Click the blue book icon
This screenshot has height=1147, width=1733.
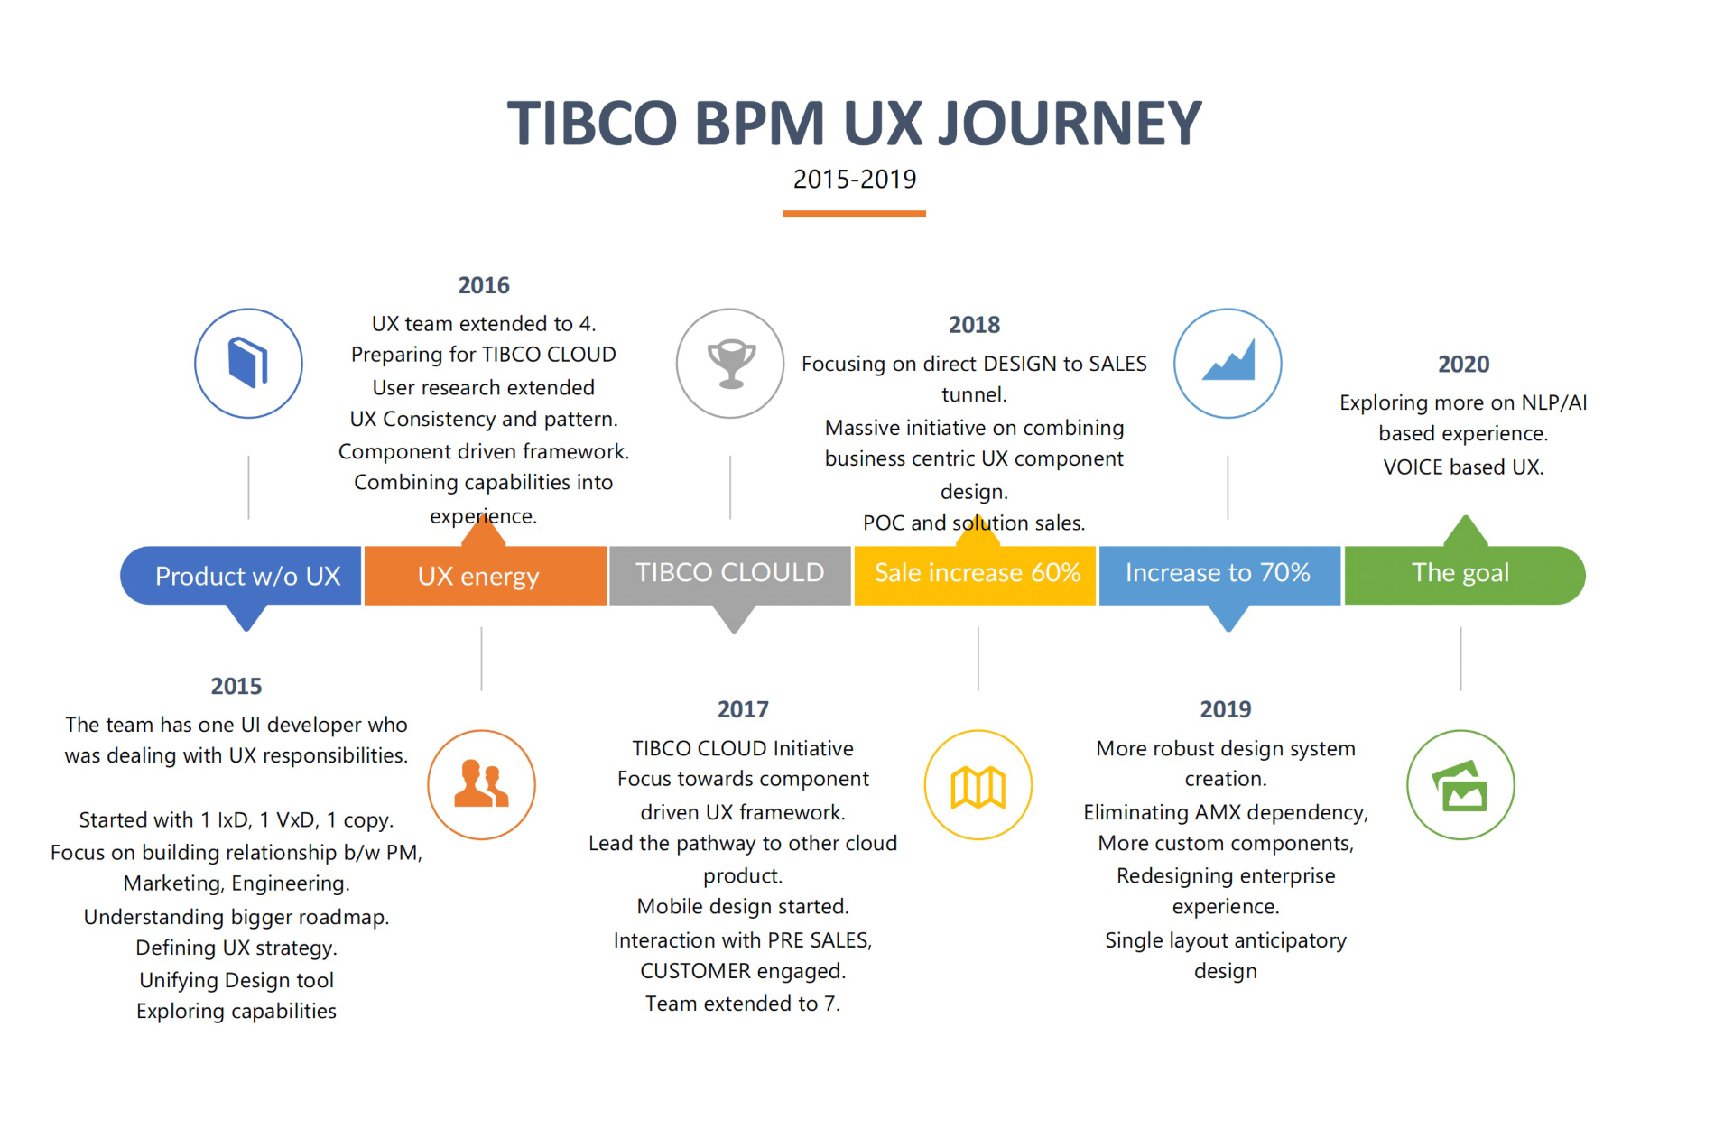(x=248, y=363)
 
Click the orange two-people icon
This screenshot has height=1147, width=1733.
(x=481, y=783)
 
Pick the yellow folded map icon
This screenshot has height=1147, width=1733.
(x=978, y=787)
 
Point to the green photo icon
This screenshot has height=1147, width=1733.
(x=1460, y=785)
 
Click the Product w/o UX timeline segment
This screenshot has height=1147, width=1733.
(x=241, y=576)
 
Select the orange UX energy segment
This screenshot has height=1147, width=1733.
(x=485, y=576)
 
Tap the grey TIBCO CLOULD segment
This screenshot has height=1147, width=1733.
(x=729, y=575)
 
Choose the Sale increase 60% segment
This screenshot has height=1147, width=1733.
(x=975, y=575)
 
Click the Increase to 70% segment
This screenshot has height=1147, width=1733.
(x=1219, y=575)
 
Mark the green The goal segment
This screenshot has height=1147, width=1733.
(x=1464, y=575)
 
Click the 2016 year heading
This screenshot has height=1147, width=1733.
(x=484, y=285)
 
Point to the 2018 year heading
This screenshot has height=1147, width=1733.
(x=974, y=325)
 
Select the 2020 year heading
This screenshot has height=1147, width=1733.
(x=1463, y=365)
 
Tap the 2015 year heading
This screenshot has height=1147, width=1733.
(x=236, y=687)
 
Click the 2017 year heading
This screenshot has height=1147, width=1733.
(x=743, y=709)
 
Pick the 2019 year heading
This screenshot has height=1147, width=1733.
(x=1225, y=709)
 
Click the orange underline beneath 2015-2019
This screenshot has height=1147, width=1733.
(x=854, y=214)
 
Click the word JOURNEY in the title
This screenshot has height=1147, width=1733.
(x=1070, y=124)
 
